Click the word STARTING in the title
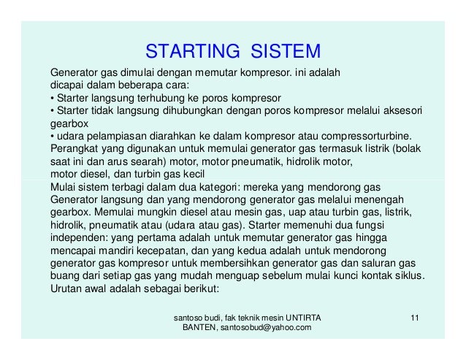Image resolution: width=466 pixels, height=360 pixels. click(194, 52)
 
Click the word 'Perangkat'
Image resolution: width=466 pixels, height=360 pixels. click(74, 149)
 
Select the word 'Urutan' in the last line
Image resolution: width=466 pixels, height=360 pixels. click(66, 289)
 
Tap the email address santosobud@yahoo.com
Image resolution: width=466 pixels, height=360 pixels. click(266, 329)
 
